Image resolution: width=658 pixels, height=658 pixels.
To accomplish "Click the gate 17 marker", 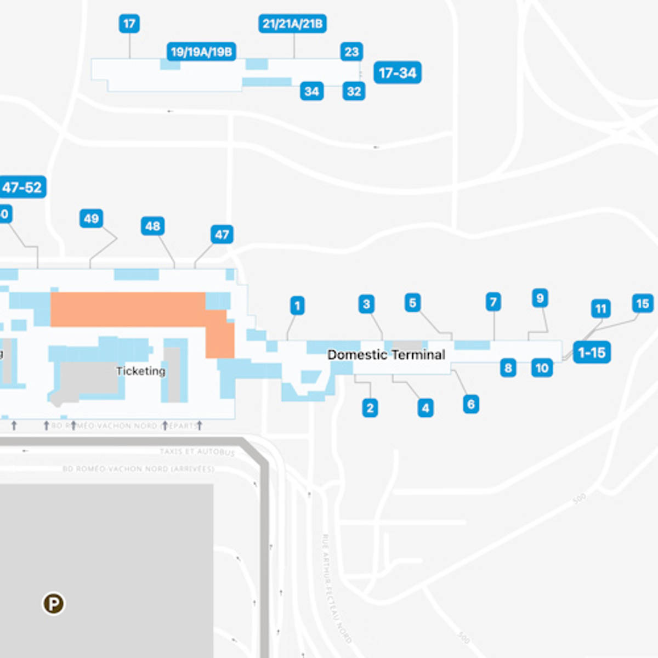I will click(x=129, y=24).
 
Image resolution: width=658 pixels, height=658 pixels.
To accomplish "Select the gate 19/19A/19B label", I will click(x=201, y=52).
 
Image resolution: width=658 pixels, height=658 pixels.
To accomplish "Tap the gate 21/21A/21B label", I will click(x=292, y=24).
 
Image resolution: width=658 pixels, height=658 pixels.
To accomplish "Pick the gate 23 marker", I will click(x=351, y=52).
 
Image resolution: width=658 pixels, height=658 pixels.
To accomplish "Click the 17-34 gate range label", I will click(x=398, y=72).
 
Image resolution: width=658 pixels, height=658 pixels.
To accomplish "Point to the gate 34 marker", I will click(x=311, y=91).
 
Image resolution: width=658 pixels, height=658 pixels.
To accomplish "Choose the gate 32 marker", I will click(x=354, y=91).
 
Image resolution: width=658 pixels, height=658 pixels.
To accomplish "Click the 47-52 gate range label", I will click(x=22, y=188).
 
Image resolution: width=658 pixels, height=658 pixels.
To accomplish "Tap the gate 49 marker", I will click(x=91, y=219).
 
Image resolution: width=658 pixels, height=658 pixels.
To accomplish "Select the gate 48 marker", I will click(x=152, y=226).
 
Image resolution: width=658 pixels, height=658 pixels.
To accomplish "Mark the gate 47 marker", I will click(x=222, y=235).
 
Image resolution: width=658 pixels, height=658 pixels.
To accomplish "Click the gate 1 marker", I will click(x=297, y=305).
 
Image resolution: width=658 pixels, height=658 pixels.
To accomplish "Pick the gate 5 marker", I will click(x=412, y=303).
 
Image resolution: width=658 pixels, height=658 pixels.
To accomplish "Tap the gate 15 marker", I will click(x=642, y=303).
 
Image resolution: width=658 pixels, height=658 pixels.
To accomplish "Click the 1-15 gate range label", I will click(x=592, y=352).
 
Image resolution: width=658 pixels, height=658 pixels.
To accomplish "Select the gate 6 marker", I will click(x=470, y=404).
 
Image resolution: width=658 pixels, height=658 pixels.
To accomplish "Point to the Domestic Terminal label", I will click(x=386, y=355).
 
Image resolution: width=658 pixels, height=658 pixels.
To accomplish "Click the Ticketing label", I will click(x=140, y=371).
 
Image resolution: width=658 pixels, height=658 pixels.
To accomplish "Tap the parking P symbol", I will click(x=54, y=604).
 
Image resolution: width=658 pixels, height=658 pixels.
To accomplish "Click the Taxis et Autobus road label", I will click(x=197, y=452).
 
